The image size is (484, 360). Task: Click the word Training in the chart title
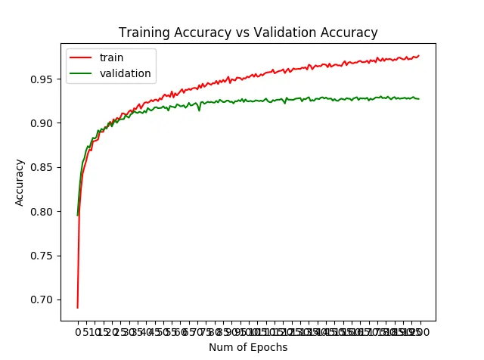pyautogui.click(x=144, y=33)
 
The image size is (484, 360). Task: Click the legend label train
pyautogui.click(x=111, y=57)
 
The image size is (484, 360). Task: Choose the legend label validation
pyautogui.click(x=126, y=73)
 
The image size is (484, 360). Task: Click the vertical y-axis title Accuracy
pyautogui.click(x=20, y=182)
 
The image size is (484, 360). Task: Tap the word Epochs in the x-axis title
pyautogui.click(x=271, y=347)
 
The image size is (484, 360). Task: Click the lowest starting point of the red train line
pyautogui.click(x=77, y=307)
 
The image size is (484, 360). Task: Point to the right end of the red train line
pyautogui.click(x=418, y=56)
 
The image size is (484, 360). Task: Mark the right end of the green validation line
pyautogui.click(x=418, y=99)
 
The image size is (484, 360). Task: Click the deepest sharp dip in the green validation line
pyautogui.click(x=199, y=110)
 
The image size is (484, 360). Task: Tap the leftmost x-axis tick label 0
pyautogui.click(x=77, y=332)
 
